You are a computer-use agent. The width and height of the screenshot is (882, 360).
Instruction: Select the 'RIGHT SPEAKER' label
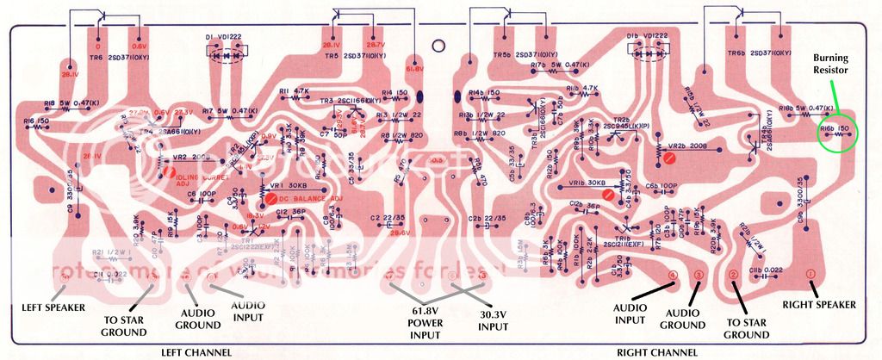(x=819, y=305)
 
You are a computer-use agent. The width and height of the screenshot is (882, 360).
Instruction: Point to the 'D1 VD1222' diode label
(x=221, y=36)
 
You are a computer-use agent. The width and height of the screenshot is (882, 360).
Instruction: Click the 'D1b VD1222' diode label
(x=648, y=36)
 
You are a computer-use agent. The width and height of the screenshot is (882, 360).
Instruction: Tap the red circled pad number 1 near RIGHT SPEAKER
(x=810, y=274)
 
